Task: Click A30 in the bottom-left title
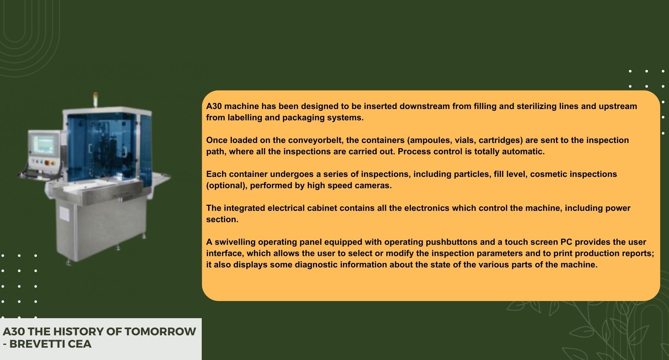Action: click(14, 332)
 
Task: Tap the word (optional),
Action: click(227, 186)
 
